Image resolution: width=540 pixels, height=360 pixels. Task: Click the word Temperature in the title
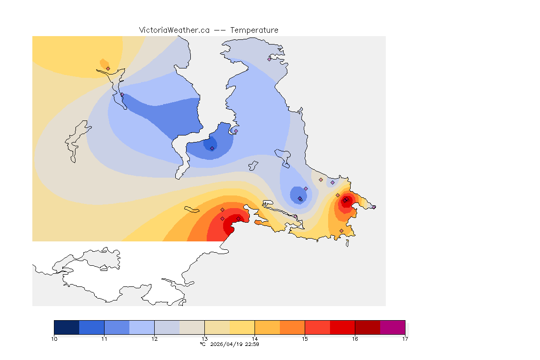[254, 30]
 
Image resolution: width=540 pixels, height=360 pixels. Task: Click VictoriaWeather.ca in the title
[174, 30]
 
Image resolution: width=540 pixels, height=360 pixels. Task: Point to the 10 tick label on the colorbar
[54, 338]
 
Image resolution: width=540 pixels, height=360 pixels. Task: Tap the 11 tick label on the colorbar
[105, 338]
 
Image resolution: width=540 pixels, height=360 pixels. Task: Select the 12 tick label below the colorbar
[155, 338]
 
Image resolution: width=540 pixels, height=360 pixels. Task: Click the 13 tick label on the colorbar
[205, 338]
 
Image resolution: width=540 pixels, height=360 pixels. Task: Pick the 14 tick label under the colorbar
[255, 338]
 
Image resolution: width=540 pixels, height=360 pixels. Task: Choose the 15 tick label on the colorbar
[305, 338]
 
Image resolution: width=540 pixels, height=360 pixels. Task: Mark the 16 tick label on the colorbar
[355, 338]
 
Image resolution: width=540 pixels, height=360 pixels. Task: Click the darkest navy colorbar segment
[67, 327]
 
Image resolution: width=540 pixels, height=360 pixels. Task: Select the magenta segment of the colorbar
[392, 327]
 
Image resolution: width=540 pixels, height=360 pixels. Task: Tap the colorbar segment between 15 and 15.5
[317, 327]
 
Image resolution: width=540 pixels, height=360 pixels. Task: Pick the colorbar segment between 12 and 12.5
[167, 327]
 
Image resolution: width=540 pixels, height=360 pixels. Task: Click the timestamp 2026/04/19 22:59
[234, 344]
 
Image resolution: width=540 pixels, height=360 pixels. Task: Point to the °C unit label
[202, 344]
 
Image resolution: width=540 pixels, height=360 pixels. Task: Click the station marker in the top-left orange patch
[108, 68]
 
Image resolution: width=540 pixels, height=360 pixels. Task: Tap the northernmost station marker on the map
[269, 59]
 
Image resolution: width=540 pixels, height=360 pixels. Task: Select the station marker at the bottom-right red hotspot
[345, 201]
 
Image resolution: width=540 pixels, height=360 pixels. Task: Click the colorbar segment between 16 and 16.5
[367, 327]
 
